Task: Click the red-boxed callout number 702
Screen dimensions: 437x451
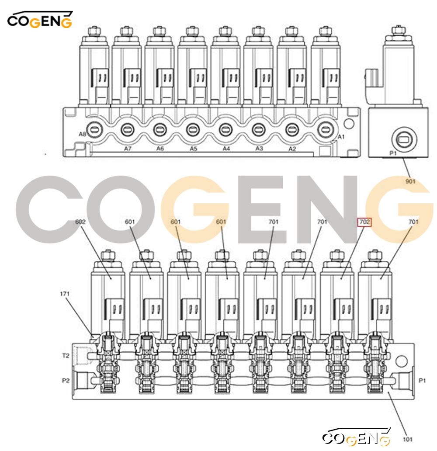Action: click(x=364, y=222)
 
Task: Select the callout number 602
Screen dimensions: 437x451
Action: click(x=80, y=222)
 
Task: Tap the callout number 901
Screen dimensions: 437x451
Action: click(x=410, y=181)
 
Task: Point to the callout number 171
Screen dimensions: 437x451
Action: click(x=65, y=294)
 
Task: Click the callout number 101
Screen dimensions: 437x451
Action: click(x=408, y=439)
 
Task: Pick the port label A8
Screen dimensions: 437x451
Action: click(x=82, y=134)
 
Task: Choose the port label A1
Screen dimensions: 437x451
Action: click(x=341, y=137)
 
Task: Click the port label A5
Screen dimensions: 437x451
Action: click(x=193, y=149)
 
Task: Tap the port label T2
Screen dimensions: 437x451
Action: click(x=66, y=356)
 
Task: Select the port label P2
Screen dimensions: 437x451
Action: click(x=66, y=381)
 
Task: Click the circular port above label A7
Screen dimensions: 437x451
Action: click(x=128, y=130)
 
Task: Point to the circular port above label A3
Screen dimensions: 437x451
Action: click(x=259, y=130)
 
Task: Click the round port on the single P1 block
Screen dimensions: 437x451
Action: click(x=404, y=140)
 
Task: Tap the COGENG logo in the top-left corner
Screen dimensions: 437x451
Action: click(x=40, y=20)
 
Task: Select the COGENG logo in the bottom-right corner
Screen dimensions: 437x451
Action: click(x=356, y=437)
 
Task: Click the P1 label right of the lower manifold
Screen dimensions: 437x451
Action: click(x=422, y=381)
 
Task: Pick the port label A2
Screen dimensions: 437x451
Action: click(x=292, y=149)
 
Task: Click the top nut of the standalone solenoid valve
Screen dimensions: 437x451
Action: click(x=397, y=30)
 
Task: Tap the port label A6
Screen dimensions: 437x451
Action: click(x=160, y=149)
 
